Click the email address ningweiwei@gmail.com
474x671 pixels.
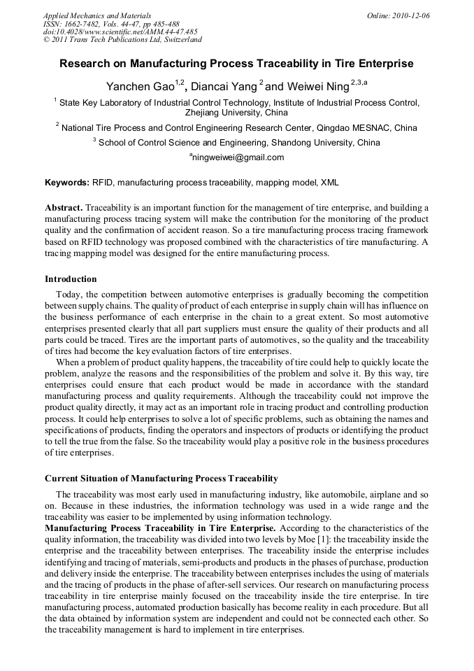pyautogui.click(x=238, y=158)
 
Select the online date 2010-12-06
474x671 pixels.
pyautogui.click(x=410, y=15)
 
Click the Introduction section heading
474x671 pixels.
pyautogui.click(x=71, y=279)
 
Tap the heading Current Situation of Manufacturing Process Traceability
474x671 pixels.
pyautogui.click(x=161, y=479)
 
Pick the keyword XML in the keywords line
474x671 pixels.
pyautogui.click(x=329, y=183)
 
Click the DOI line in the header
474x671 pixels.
pyautogui.click(x=120, y=31)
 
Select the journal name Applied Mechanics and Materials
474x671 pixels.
pyautogui.click(x=97, y=15)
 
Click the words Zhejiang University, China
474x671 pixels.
pyautogui.click(x=236, y=112)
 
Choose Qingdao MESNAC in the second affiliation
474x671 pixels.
pyautogui.click(x=353, y=127)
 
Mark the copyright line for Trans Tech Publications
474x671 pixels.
pyautogui.click(x=122, y=40)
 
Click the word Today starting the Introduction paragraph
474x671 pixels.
pyautogui.click(x=69, y=295)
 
